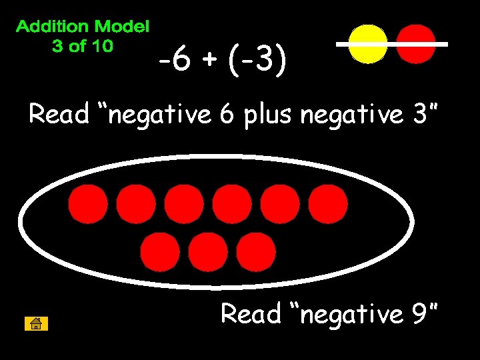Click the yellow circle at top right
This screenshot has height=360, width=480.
coord(368,44)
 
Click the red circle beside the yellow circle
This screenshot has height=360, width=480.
coord(416,44)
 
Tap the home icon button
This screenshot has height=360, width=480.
coord(36,324)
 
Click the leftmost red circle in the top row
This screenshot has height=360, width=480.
coord(87,204)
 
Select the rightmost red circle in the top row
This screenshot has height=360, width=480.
coord(328,204)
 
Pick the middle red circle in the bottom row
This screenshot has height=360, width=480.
coord(208,251)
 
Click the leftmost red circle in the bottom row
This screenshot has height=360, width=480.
coord(160,251)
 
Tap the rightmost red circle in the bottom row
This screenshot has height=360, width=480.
coord(256,251)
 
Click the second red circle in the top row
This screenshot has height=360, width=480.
coord(136,204)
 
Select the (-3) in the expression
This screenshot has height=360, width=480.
coord(257,62)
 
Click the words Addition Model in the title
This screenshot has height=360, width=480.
coord(83,27)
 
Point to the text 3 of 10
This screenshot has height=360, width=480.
coord(83,46)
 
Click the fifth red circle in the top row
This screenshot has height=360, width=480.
coord(280,204)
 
